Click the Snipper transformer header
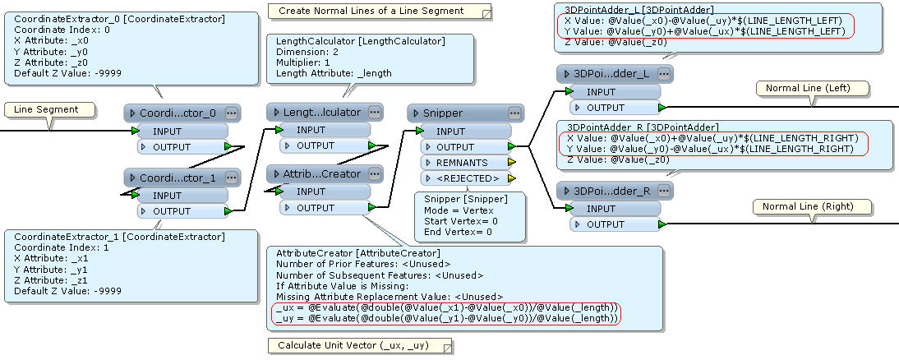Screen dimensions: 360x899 click(x=452, y=113)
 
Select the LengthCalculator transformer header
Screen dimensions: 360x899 click(x=320, y=112)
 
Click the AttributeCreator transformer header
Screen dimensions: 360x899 click(x=320, y=173)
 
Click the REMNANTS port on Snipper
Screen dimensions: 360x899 click(x=461, y=163)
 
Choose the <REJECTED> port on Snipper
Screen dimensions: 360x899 click(x=466, y=178)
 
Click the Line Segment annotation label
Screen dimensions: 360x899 click(x=46, y=109)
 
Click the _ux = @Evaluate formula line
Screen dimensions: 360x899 click(x=445, y=307)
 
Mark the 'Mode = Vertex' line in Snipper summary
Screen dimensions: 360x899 click(x=459, y=210)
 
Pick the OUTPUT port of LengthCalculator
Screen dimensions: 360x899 click(x=316, y=145)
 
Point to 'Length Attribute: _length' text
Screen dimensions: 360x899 click(x=334, y=73)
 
